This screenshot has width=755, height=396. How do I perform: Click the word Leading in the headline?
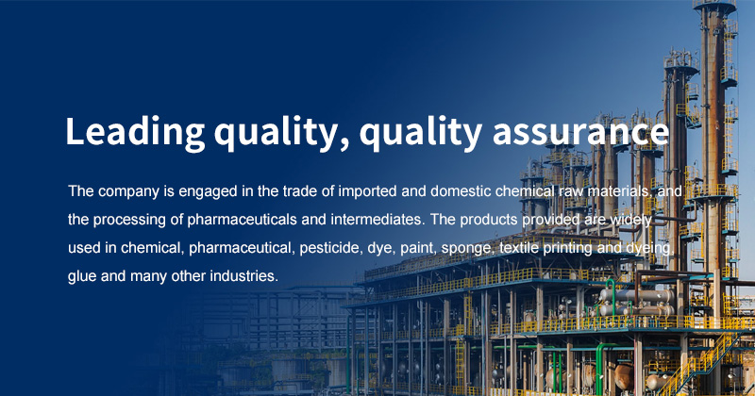pos(135,132)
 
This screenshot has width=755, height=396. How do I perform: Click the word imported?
pos(367,191)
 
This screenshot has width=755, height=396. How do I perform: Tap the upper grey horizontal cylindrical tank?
pos(636,295)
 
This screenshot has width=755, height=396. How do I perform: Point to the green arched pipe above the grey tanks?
pos(612,289)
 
